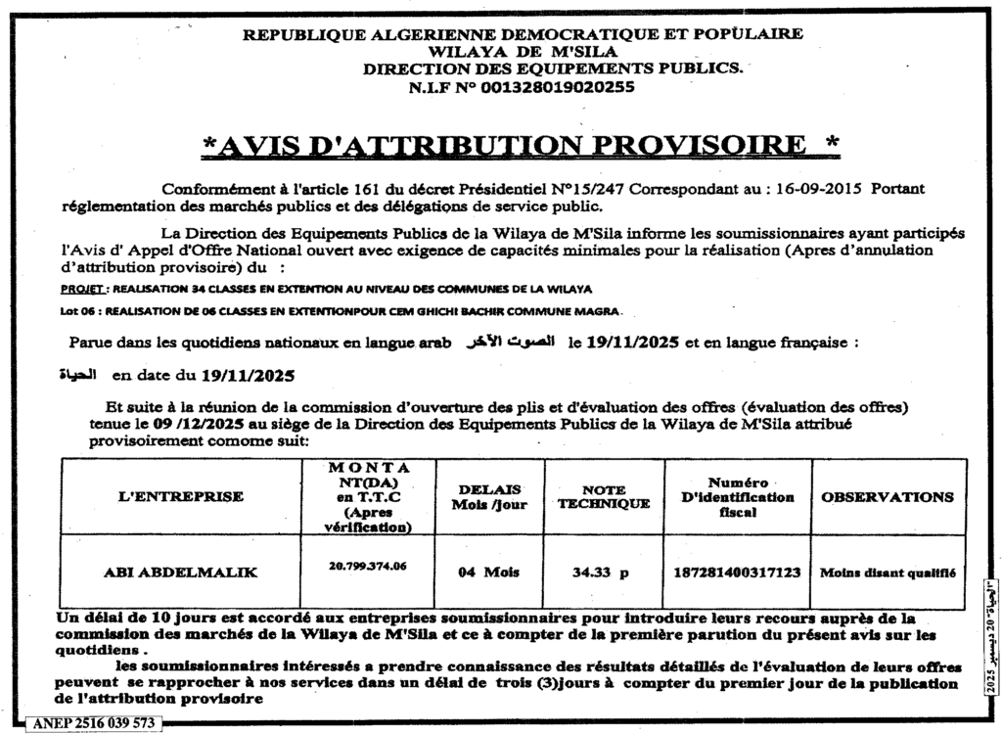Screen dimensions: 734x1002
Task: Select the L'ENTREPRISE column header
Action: click(180, 496)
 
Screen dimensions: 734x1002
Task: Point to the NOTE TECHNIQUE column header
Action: click(604, 496)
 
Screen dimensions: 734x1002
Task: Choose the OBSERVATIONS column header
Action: click(887, 496)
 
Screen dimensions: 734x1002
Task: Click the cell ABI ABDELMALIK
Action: click(181, 573)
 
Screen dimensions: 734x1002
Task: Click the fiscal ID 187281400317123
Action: click(737, 573)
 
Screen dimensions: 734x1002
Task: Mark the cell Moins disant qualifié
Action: click(888, 573)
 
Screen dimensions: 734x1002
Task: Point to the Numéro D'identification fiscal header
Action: click(737, 496)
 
